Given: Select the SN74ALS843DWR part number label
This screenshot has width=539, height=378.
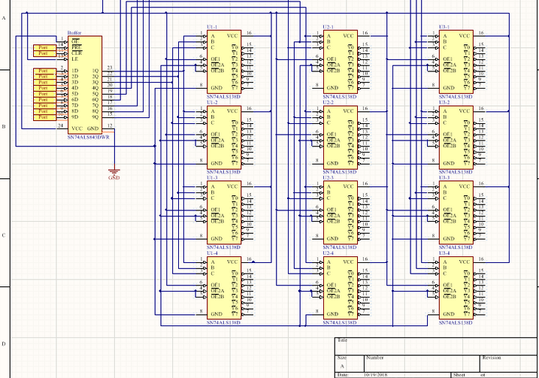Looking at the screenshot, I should pyautogui.click(x=88, y=138).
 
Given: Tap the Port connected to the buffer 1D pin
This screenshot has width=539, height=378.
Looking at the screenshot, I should pyautogui.click(x=44, y=71).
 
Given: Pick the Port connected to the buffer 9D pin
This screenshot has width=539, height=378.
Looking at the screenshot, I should pyautogui.click(x=44, y=117).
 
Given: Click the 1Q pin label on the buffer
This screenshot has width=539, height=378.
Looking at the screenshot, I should pyautogui.click(x=95, y=71).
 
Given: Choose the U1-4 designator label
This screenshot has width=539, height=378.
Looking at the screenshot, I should pyautogui.click(x=212, y=253).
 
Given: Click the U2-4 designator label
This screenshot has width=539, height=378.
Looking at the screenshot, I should pyautogui.click(x=329, y=253).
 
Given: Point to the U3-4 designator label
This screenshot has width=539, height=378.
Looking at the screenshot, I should pyautogui.click(x=445, y=253).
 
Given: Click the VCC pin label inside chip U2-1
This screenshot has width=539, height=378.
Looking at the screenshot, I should pyautogui.click(x=349, y=35).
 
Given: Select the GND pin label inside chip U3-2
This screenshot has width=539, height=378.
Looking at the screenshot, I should pyautogui.click(x=449, y=163).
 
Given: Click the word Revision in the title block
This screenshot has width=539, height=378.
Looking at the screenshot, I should pyautogui.click(x=492, y=358).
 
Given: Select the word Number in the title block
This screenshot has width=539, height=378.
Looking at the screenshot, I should pyautogui.click(x=374, y=358).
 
